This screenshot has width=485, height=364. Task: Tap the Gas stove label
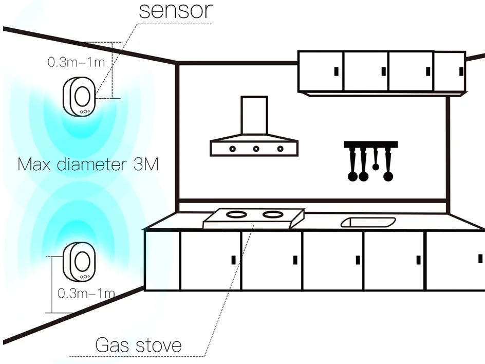tap(138, 345)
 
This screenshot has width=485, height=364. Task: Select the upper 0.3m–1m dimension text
tap(76, 63)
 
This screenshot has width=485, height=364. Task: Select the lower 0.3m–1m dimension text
tap(86, 294)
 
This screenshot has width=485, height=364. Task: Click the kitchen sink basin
tap(368, 222)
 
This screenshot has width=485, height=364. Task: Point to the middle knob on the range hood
tap(256, 149)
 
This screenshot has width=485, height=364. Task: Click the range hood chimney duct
tap(254, 116)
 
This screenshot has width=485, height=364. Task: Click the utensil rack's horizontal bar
tap(370, 144)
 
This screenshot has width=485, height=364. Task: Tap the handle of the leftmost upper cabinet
tap(335, 71)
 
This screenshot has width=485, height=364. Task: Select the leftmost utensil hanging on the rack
tap(352, 165)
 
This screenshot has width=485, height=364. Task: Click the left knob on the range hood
tap(232, 149)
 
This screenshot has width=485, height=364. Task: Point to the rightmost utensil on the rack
tap(388, 165)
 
